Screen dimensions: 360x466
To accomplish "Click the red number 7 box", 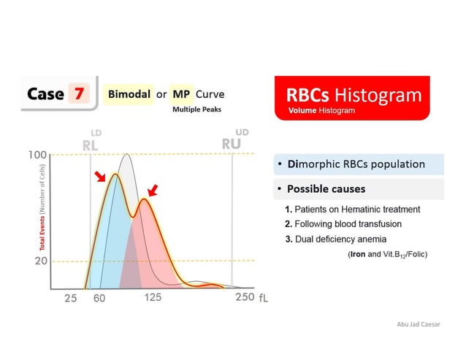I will pyautogui.click(x=78, y=94).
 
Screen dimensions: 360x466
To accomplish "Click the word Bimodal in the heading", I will pyautogui.click(x=129, y=94).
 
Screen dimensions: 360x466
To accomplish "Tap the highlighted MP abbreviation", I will pyautogui.click(x=181, y=94).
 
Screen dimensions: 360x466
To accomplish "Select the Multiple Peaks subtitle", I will pyautogui.click(x=196, y=110).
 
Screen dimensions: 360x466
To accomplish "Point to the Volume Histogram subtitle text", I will pyautogui.click(x=321, y=111).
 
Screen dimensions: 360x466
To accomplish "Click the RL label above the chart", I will pyautogui.click(x=91, y=145).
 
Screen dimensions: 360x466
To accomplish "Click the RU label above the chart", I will pyautogui.click(x=231, y=143).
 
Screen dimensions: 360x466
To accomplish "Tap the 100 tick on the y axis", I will pyautogui.click(x=38, y=155).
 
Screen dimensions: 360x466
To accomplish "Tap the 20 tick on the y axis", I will pyautogui.click(x=42, y=261).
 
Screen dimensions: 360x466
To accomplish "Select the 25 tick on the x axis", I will pyautogui.click(x=70, y=298).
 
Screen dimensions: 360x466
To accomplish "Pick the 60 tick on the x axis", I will pyautogui.click(x=99, y=298).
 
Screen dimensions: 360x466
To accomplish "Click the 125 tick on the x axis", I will pyautogui.click(x=153, y=297).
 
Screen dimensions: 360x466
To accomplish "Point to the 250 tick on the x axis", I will pyautogui.click(x=244, y=297).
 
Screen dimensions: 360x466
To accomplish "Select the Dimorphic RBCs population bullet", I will pyautogui.click(x=356, y=164).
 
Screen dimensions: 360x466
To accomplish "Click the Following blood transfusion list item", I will pyautogui.click(x=343, y=223).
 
